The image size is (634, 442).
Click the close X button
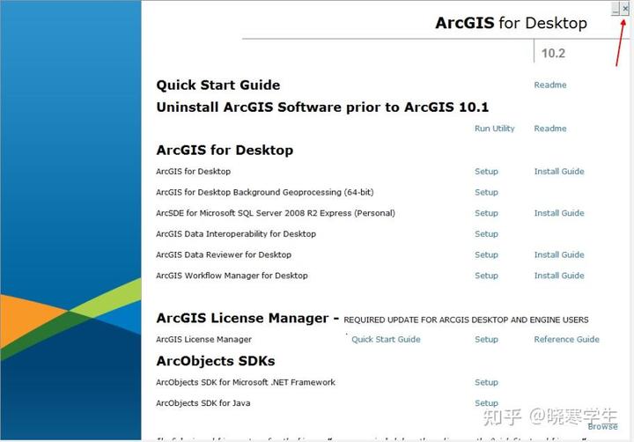625,8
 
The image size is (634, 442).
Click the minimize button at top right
616,9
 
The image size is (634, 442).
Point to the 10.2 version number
553,53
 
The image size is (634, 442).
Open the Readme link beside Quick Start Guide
550,85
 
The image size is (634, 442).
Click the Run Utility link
494,129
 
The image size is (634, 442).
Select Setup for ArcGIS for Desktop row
486,172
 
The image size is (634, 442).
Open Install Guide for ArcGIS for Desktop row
559,172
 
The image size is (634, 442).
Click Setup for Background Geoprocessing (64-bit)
486,192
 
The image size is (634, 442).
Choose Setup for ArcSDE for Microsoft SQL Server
486,213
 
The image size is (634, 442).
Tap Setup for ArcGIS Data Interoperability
486,234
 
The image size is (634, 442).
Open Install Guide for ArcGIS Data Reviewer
559,255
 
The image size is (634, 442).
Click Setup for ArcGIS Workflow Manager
486,276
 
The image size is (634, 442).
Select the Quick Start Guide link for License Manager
386,339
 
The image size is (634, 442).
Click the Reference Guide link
566,339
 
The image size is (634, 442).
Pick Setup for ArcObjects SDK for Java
486,403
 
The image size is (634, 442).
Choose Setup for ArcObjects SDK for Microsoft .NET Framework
486,382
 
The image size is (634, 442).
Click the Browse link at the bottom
602,427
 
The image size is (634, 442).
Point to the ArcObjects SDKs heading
216,361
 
